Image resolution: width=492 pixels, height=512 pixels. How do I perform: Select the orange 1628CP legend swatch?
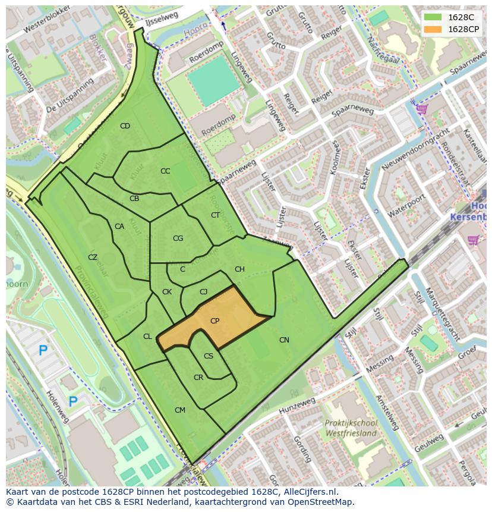[433, 29]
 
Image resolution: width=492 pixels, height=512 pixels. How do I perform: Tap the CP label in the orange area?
[215, 321]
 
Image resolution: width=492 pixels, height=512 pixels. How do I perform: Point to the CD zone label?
[125, 126]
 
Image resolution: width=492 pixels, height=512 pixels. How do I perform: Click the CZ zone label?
[93, 257]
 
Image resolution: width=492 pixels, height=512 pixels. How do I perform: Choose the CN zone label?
[284, 340]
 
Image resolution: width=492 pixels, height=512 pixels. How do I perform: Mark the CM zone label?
[180, 410]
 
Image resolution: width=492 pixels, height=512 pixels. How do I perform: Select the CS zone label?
[209, 357]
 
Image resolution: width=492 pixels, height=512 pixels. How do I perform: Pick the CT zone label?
[215, 215]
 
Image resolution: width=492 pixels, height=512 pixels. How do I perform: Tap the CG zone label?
[178, 238]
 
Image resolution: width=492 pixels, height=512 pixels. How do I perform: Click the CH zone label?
[239, 269]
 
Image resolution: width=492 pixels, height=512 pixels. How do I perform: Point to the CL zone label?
[147, 337]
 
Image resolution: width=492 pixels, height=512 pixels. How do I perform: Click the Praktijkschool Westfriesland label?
[351, 428]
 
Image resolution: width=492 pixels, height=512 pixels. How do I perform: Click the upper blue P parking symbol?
[43, 351]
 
